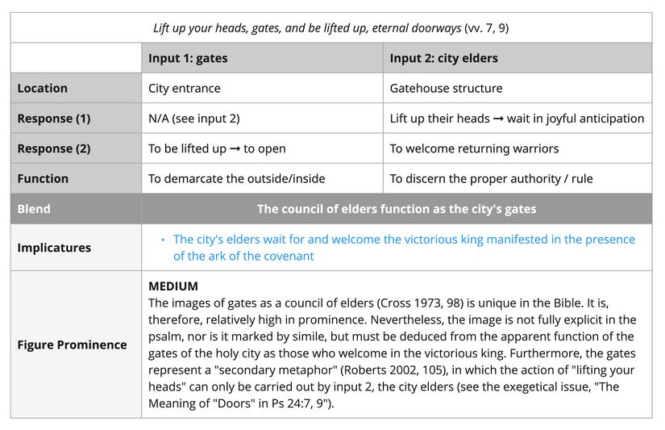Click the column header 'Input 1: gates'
click(x=188, y=58)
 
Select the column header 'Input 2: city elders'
click(x=443, y=58)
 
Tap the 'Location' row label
click(x=42, y=88)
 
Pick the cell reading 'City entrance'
click(x=184, y=88)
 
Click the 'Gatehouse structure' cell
click(x=446, y=88)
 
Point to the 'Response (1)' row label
click(x=53, y=119)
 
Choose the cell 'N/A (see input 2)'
click(x=193, y=119)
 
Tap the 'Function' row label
click(x=43, y=178)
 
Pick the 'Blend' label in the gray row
click(x=34, y=209)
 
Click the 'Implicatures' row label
click(x=54, y=248)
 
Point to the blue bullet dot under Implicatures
click(x=162, y=240)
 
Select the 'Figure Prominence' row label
click(x=72, y=344)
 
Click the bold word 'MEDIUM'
click(x=172, y=286)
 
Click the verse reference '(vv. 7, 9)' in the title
click(x=486, y=28)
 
